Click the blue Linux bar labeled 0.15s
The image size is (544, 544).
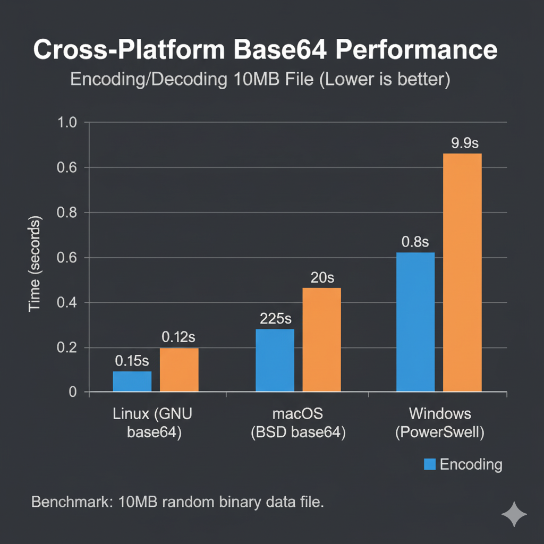point(132,381)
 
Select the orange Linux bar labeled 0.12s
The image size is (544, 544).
point(179,370)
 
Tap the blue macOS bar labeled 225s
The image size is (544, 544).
point(275,360)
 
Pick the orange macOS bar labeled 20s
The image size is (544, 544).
point(321,339)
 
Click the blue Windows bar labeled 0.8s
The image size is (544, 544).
point(415,322)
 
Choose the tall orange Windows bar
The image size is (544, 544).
point(462,273)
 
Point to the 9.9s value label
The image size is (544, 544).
point(464,143)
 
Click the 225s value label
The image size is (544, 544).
point(276,319)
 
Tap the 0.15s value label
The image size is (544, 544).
point(132,361)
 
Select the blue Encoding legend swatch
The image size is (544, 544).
point(430,464)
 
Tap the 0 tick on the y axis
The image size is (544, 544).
point(73,393)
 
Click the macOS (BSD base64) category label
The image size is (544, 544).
point(298,423)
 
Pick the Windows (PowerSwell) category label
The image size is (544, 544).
point(440,423)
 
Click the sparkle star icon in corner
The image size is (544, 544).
point(514,514)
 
